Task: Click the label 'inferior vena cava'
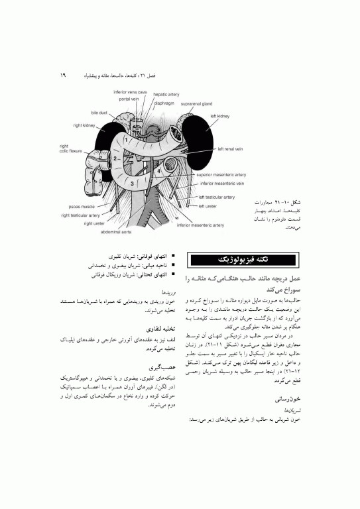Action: pyautogui.click(x=130, y=91)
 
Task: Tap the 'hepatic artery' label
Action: pyautogui.click(x=166, y=95)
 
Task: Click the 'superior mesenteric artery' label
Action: pyautogui.click(x=221, y=175)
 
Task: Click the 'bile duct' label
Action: pyautogui.click(x=99, y=113)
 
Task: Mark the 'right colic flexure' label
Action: pyautogui.click(x=70, y=148)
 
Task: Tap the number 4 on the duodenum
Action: pyautogui.click(x=158, y=171)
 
